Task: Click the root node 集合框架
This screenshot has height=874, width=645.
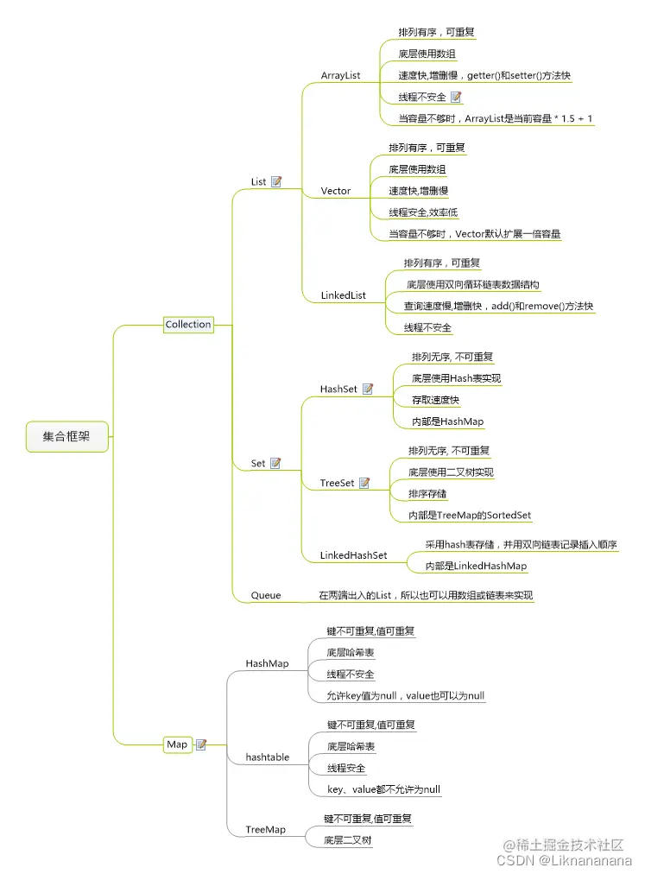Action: tap(66, 437)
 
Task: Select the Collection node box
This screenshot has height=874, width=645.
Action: tap(188, 325)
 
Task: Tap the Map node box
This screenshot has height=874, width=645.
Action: tap(177, 744)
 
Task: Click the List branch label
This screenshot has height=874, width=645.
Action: tap(258, 181)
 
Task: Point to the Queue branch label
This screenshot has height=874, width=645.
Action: tap(265, 595)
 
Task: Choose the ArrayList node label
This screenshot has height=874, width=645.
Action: tap(340, 76)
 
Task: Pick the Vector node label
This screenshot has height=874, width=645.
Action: tap(335, 191)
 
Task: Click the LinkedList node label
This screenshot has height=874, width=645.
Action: tap(343, 295)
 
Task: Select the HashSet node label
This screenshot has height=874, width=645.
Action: tap(338, 389)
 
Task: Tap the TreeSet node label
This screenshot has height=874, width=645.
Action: tap(337, 484)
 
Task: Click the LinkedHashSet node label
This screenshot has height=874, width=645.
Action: tap(353, 555)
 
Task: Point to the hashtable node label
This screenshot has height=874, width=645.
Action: tap(267, 757)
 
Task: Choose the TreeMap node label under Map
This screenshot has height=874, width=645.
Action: tap(265, 829)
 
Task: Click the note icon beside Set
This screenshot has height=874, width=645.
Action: tap(276, 464)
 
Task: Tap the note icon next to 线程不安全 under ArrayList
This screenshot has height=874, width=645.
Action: tap(456, 98)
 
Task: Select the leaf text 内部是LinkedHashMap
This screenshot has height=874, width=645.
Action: tap(476, 567)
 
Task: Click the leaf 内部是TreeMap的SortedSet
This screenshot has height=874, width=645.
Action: tap(470, 516)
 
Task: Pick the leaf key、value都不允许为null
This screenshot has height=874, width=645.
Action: tap(383, 789)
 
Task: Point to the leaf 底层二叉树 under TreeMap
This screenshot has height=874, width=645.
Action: tap(348, 839)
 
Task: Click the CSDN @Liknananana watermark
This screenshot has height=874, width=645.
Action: tap(564, 860)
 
